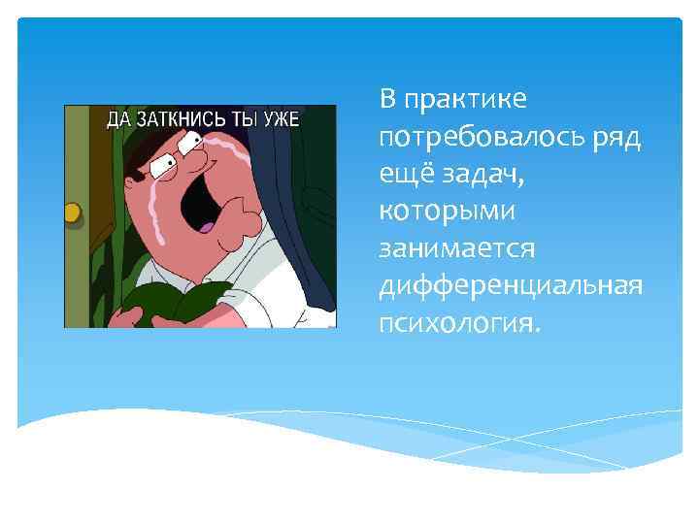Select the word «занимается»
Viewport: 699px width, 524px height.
point(457,247)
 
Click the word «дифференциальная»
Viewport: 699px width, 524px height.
point(511,284)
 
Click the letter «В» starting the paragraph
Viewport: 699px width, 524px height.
point(388,99)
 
